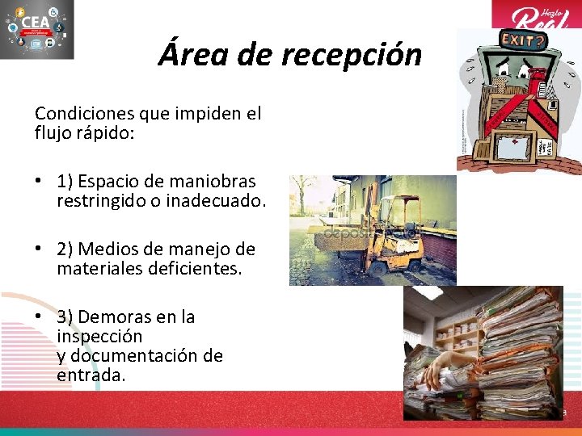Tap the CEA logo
point(37,30)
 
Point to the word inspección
point(99,336)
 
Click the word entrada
point(91,375)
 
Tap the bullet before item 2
point(39,249)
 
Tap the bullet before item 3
point(39,317)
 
